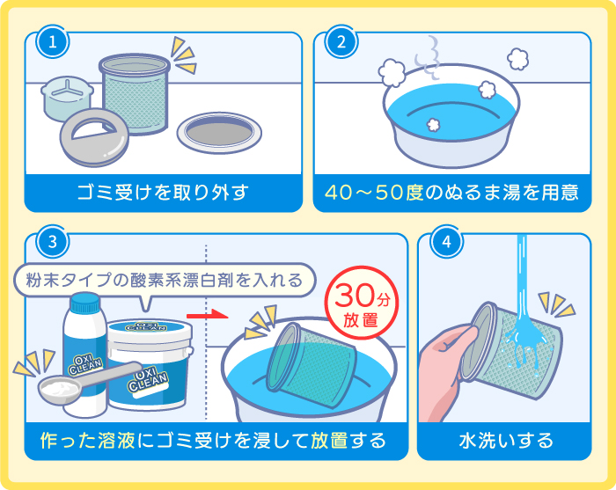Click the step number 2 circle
(x=341, y=40)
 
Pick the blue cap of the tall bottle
(x=85, y=304)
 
